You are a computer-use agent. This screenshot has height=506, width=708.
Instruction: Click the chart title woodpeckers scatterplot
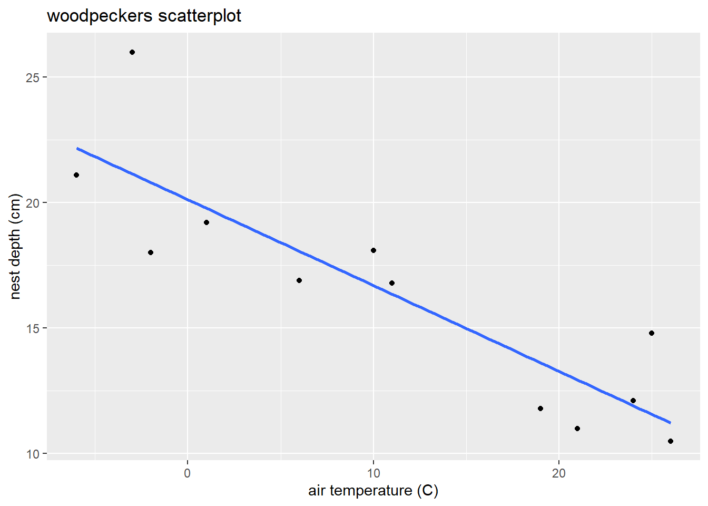tap(144, 16)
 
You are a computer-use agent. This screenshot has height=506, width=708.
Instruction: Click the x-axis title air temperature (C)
tap(373, 491)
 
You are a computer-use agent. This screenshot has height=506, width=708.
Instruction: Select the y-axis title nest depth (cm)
tap(15, 247)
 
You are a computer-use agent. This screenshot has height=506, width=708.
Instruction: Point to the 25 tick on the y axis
tap(33, 77)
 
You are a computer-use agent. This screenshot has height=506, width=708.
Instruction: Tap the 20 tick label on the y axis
tap(33, 203)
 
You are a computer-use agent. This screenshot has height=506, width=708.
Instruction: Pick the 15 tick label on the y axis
tap(33, 328)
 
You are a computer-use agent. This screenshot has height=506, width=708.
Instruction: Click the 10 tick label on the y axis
tap(33, 454)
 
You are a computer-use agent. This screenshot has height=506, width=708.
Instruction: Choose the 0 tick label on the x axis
tap(188, 473)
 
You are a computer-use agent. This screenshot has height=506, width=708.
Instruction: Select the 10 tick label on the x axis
tap(373, 473)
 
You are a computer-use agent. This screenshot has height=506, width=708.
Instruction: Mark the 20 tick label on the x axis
tap(559, 473)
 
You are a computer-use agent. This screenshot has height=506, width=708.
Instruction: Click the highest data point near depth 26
tap(132, 52)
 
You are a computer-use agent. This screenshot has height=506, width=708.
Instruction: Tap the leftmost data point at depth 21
tap(76, 175)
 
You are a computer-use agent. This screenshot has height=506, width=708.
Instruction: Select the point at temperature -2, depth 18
tap(151, 252)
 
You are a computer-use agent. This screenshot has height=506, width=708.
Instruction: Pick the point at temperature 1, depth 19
tap(206, 222)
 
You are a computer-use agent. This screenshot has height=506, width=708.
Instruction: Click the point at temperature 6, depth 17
tap(299, 280)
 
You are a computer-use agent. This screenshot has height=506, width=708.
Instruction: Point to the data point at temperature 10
tap(373, 250)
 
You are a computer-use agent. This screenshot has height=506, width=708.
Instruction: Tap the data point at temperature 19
tap(540, 408)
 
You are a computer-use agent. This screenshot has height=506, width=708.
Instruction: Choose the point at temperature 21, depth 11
tap(577, 429)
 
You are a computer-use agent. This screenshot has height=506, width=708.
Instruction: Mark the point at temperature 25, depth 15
tap(652, 333)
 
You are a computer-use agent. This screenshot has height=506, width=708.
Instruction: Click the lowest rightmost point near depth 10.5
tap(671, 441)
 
